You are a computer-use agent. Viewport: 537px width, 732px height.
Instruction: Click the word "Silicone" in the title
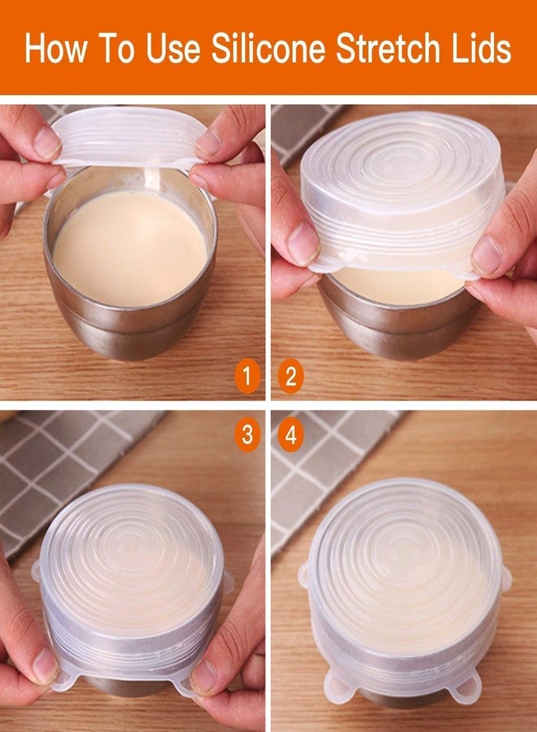(268, 48)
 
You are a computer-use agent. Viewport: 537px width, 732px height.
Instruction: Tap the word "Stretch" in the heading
(387, 48)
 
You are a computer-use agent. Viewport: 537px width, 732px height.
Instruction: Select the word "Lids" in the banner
(481, 48)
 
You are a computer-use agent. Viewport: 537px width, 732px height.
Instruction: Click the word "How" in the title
(55, 48)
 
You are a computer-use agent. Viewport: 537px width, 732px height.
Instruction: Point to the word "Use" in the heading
(173, 48)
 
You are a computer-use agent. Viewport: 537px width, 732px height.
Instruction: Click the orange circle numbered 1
(247, 376)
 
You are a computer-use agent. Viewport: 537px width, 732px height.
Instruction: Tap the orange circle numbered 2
(290, 376)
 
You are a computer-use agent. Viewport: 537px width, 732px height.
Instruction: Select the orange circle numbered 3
(247, 434)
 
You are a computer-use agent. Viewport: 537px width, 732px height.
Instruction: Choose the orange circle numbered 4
(290, 434)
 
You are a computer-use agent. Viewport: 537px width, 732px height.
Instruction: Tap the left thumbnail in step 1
(46, 142)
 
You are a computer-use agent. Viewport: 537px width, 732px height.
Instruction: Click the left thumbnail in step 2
(303, 242)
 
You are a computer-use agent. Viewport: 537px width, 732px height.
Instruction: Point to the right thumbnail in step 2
(487, 255)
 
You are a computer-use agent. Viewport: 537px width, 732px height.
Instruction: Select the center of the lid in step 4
(405, 548)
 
